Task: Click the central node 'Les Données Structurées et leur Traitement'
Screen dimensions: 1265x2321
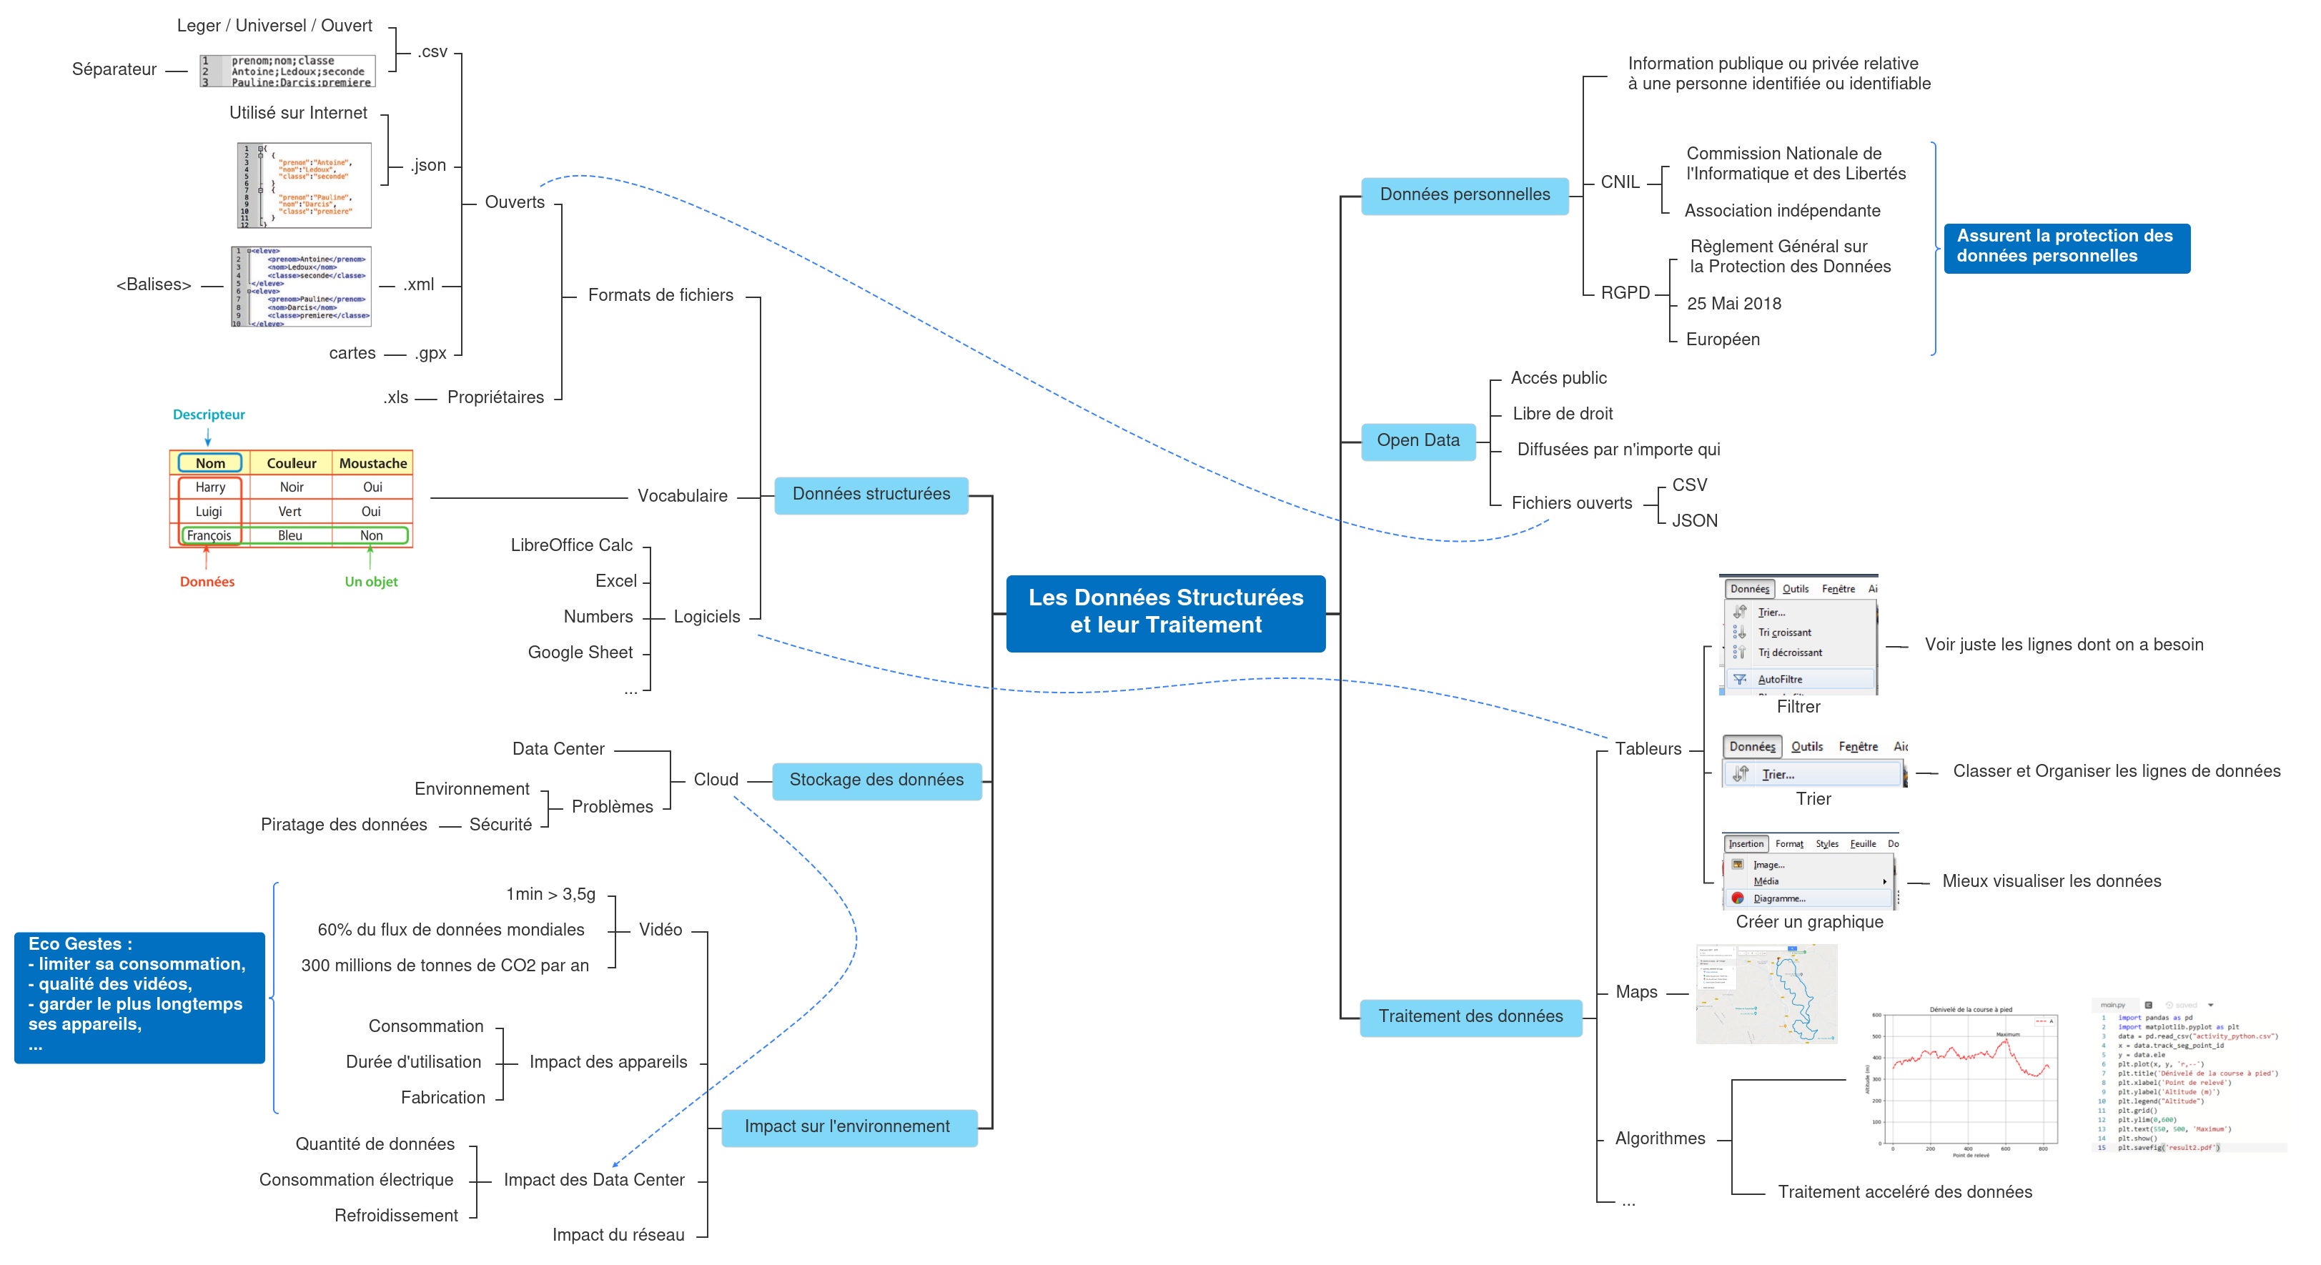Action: pos(1165,612)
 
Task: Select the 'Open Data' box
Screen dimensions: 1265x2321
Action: pos(1417,440)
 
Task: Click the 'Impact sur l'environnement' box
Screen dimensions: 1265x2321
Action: pos(847,1127)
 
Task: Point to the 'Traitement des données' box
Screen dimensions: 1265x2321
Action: pos(1470,1017)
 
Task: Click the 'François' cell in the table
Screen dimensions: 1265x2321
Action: pos(209,536)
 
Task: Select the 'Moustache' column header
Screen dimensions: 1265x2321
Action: pos(373,463)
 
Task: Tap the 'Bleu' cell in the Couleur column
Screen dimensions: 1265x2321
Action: pos(290,536)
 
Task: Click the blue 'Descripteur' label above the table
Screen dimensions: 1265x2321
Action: pos(209,415)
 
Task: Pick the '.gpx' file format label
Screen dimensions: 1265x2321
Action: pos(431,353)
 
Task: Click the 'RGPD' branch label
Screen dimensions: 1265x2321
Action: pos(1625,293)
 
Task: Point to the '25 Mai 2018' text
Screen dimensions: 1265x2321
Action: pos(1733,304)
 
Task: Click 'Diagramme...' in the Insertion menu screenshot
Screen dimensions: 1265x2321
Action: pos(1778,898)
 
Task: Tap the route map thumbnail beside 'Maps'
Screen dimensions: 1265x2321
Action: pos(1766,994)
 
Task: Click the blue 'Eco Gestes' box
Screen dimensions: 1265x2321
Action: pos(139,996)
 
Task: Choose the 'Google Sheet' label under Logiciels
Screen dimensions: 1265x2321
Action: pos(580,653)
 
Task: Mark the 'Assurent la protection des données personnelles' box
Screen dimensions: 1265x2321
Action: pos(2065,247)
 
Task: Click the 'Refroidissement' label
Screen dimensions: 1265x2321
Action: pos(397,1216)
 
